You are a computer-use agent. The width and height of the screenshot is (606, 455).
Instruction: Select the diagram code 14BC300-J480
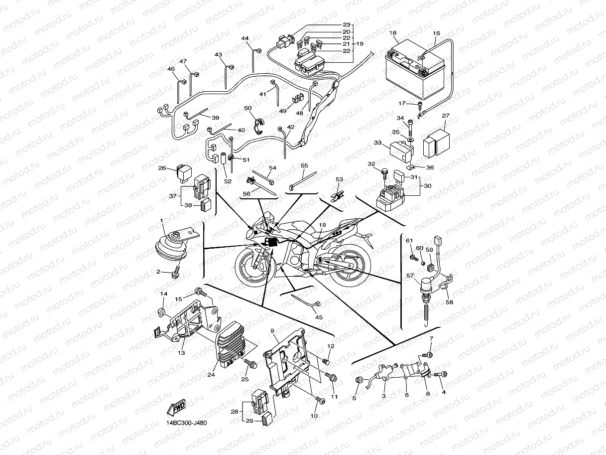coord(186,423)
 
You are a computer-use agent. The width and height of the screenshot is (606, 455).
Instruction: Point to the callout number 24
coord(211,375)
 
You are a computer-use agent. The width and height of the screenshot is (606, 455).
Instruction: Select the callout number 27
coord(446,116)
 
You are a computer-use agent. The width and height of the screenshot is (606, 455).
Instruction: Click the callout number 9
coord(272,331)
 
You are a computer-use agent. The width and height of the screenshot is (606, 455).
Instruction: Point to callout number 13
coord(182,353)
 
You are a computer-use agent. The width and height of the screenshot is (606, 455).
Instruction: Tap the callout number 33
coord(377,143)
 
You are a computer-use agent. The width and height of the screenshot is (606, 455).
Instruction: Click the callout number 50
coord(247,108)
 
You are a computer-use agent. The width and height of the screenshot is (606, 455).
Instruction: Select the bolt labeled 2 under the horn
coord(175,274)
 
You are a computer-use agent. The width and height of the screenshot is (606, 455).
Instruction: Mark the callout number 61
coord(409,241)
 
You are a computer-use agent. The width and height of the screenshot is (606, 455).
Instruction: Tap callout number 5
coord(355,398)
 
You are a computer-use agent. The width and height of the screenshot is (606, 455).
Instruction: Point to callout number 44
coord(244,38)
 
